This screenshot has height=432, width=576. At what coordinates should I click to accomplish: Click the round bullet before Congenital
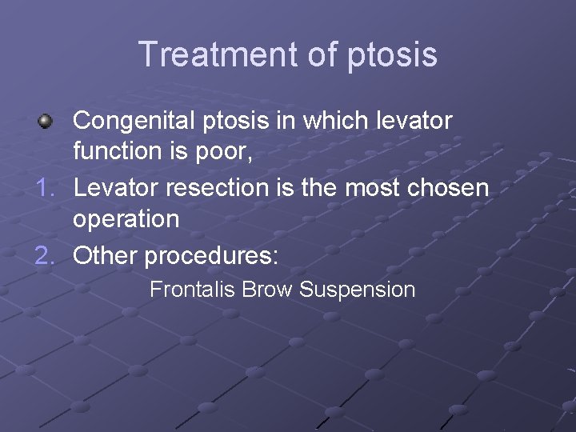click(x=46, y=122)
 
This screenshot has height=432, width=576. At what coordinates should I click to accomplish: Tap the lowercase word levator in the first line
click(x=415, y=121)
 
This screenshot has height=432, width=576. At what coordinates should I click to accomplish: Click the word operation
click(x=126, y=218)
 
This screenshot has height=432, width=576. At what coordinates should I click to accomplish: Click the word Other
click(x=105, y=256)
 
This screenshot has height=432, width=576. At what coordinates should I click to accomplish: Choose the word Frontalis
click(x=192, y=289)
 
